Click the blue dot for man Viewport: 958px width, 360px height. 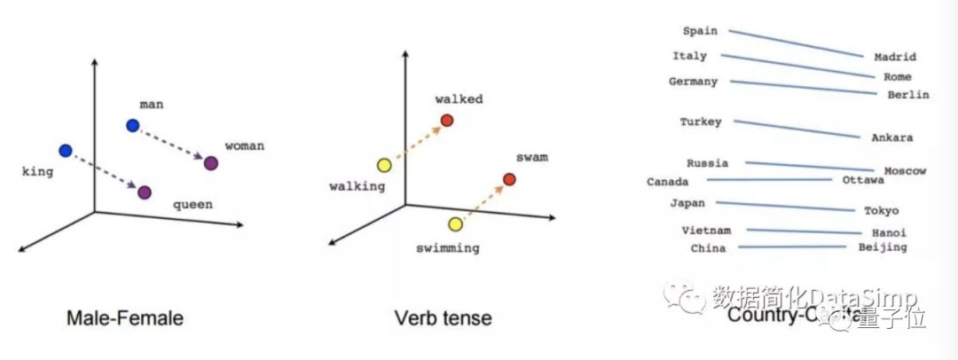(132, 126)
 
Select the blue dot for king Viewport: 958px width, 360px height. (65, 151)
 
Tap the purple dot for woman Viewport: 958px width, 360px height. (211, 163)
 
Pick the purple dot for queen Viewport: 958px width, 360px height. (145, 192)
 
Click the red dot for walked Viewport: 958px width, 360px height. (447, 120)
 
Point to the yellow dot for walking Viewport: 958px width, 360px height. (384, 165)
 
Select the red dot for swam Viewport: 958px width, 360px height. (509, 179)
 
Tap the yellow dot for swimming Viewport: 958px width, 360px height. (455, 224)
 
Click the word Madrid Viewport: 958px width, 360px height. (894, 57)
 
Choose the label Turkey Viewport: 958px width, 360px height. (701, 121)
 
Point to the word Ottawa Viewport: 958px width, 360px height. (862, 180)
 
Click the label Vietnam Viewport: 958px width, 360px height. (706, 231)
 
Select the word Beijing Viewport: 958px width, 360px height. (883, 247)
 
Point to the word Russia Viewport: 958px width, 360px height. (707, 163)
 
